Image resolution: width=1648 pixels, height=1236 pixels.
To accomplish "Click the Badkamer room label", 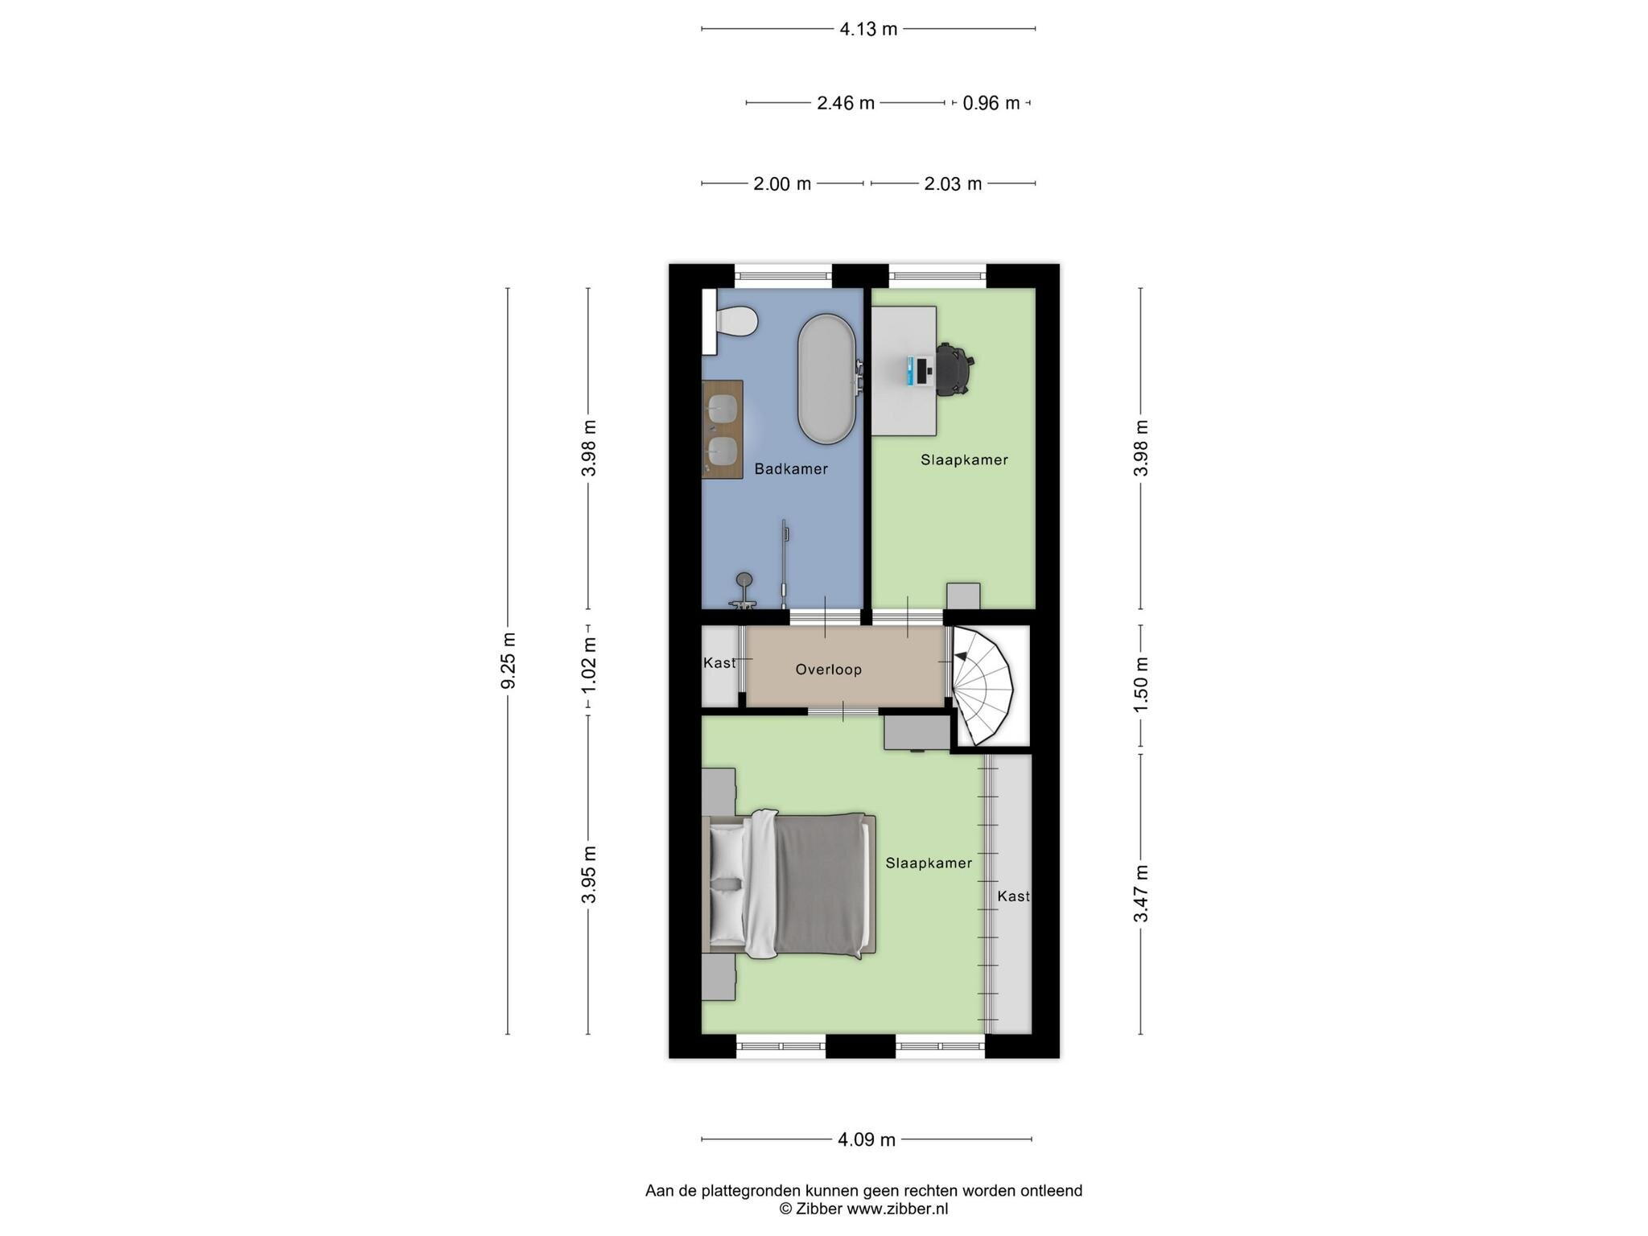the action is point(790,468).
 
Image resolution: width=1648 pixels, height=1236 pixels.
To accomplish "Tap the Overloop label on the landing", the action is point(828,669).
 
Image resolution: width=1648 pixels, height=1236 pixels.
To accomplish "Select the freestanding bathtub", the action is point(826,380).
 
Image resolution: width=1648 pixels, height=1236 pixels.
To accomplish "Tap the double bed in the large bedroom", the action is point(789,884).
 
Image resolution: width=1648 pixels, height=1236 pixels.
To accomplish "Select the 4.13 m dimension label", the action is point(868,29).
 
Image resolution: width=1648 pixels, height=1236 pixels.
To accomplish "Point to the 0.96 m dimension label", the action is point(991,103).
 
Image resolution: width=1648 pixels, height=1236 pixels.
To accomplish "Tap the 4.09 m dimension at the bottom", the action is point(867,1139).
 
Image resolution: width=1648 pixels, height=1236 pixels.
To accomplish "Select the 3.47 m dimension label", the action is point(1140,894).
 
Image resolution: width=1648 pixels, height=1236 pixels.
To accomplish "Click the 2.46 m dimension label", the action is point(846,103).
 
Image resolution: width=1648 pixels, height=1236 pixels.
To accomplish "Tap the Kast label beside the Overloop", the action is point(719,663).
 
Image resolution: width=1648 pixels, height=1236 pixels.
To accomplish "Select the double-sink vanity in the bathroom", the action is point(722,429).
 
